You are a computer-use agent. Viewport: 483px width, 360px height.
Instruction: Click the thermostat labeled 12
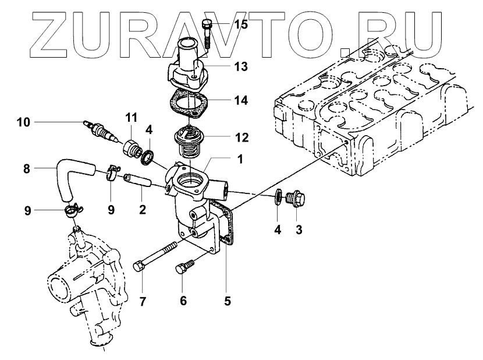pos(190,143)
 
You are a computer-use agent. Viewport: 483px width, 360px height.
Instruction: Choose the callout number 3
pos(299,230)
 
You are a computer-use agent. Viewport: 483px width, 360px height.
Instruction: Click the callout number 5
pos(228,301)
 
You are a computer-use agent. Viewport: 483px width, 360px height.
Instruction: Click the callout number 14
pos(240,100)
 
